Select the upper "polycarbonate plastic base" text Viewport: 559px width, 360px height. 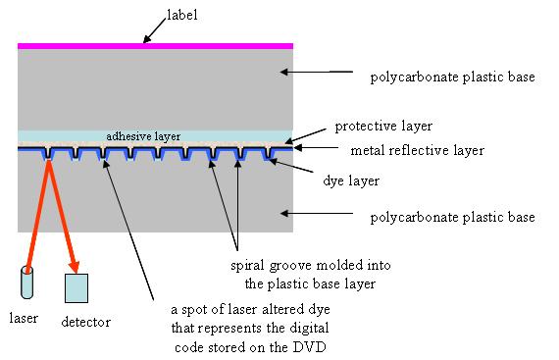(451, 77)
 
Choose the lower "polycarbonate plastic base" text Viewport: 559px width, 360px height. (452, 216)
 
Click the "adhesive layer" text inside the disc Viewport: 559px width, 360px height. (143, 136)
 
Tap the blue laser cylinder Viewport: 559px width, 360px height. (26, 282)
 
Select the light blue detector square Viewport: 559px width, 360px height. (76, 287)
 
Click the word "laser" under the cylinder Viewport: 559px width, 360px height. (23, 318)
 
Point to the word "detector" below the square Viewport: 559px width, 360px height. (85, 322)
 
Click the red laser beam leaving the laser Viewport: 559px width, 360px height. (37, 216)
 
